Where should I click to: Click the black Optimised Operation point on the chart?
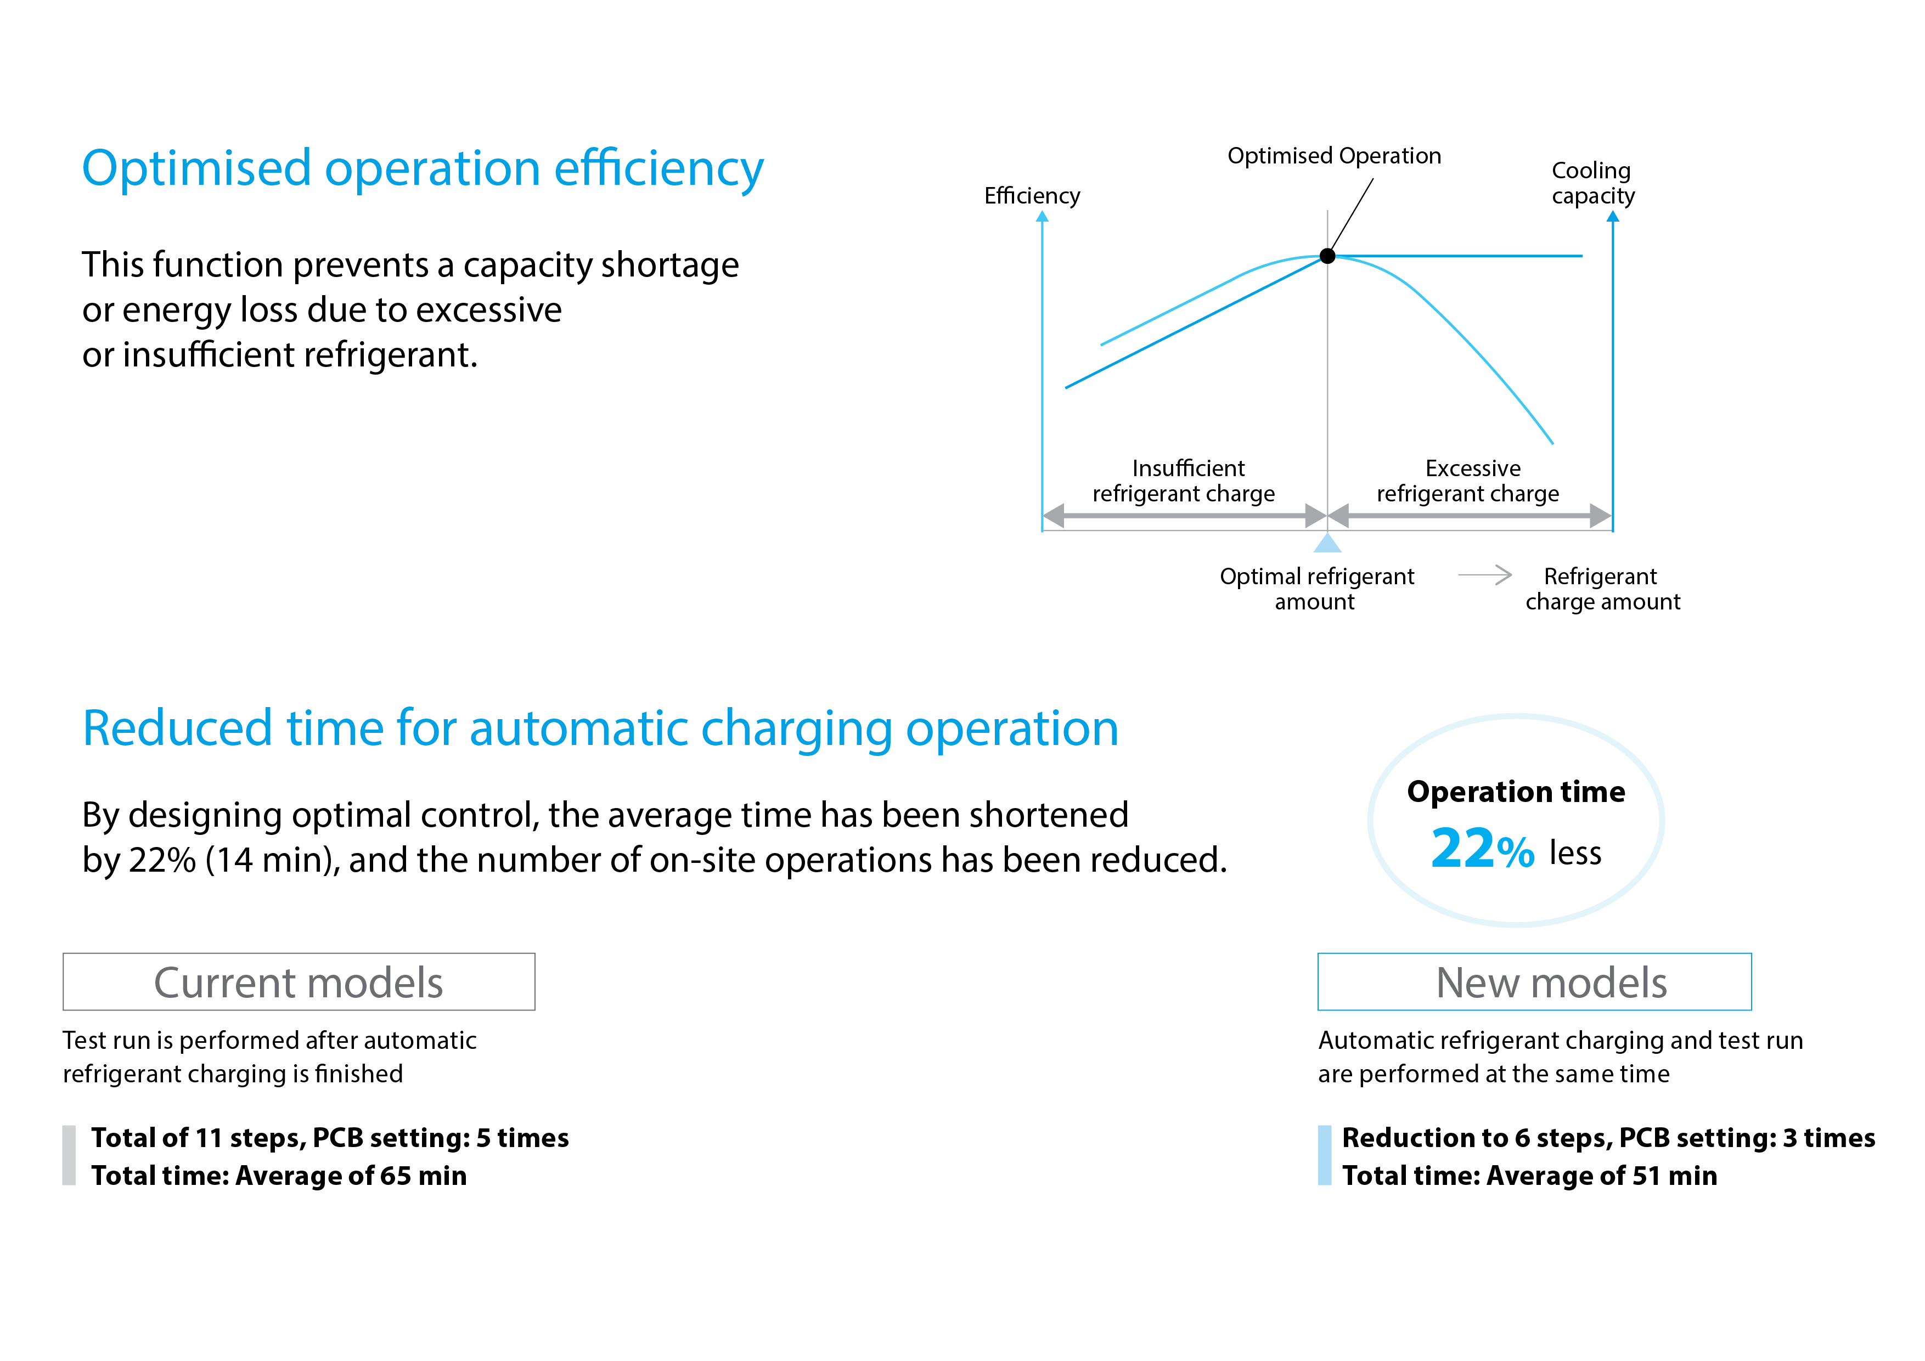(1327, 256)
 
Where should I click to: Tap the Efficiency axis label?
(1032, 195)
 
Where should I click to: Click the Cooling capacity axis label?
(1592, 183)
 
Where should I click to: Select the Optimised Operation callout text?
(1334, 156)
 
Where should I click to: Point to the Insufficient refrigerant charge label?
(1184, 480)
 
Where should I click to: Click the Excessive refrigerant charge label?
(1468, 480)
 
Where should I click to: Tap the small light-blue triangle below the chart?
(1327, 543)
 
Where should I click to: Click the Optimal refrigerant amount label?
(1316, 588)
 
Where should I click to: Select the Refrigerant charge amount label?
(1602, 588)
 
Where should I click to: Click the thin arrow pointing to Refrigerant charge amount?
(1485, 575)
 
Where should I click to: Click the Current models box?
(299, 981)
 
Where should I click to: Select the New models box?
(1534, 981)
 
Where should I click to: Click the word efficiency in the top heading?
(659, 168)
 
